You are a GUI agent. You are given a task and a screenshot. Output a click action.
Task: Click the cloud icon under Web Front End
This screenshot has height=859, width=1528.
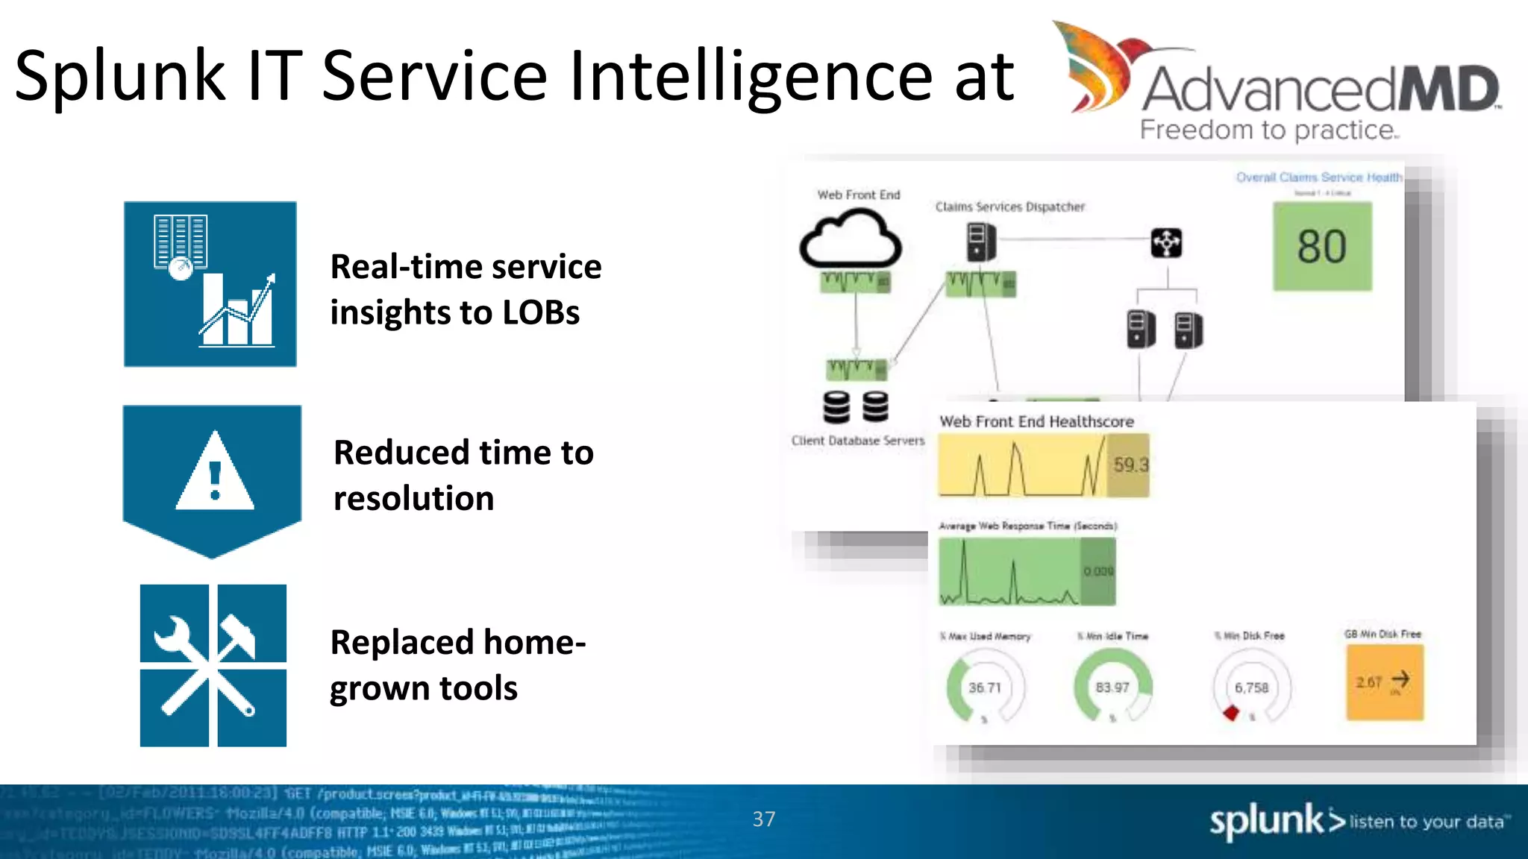(x=851, y=240)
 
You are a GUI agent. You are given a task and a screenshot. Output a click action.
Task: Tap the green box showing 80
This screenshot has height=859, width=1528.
(x=1322, y=247)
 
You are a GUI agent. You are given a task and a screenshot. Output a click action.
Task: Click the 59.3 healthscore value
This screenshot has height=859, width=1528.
(x=1130, y=465)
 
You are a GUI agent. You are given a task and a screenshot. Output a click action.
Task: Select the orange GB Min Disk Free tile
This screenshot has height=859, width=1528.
(x=1385, y=682)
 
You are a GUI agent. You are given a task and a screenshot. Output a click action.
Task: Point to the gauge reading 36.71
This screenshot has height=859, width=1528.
(x=985, y=687)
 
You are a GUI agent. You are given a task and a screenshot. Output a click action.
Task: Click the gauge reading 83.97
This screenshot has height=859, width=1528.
(x=1112, y=687)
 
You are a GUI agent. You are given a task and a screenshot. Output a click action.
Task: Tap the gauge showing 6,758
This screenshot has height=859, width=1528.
(x=1251, y=687)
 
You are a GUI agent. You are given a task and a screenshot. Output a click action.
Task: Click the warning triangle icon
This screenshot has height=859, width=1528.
(x=215, y=473)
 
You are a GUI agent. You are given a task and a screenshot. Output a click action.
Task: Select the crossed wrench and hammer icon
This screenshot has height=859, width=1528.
(x=213, y=665)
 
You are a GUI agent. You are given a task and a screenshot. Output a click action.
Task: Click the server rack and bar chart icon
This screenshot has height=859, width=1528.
(x=210, y=283)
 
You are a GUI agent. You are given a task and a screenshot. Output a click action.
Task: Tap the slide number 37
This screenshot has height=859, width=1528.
(x=763, y=819)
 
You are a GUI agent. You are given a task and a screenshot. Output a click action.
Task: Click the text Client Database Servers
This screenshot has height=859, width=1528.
(x=858, y=441)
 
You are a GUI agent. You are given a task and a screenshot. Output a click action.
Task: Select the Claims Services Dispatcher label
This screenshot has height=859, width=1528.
(x=1010, y=207)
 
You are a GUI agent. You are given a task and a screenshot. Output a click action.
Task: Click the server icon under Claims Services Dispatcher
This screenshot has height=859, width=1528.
(x=980, y=242)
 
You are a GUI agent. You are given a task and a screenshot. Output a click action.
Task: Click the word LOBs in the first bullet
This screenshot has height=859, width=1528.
(x=541, y=312)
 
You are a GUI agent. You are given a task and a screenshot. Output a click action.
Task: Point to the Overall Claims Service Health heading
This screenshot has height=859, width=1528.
(x=1319, y=177)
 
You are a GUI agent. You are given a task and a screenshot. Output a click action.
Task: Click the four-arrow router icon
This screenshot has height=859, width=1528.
(x=1166, y=243)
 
